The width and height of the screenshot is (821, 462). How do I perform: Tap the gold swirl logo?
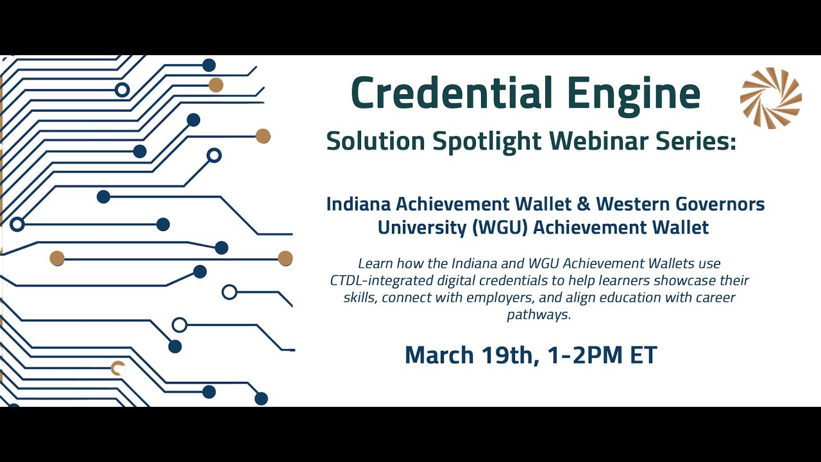(x=770, y=98)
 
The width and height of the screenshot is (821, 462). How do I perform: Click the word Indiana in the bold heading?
(x=358, y=204)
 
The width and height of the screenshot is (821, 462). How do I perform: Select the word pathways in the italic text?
(x=539, y=315)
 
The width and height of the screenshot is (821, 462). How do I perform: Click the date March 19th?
(x=471, y=355)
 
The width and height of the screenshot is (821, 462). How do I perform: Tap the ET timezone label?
(x=643, y=355)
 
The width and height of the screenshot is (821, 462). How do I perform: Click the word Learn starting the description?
(x=374, y=263)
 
